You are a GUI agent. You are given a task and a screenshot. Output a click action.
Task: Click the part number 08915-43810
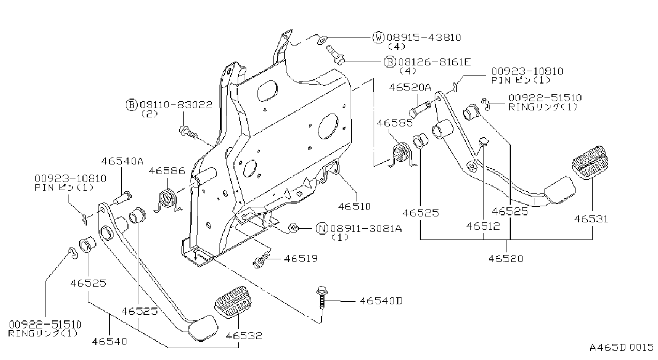[x=423, y=37]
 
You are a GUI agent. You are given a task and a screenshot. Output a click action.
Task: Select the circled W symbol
[x=379, y=37]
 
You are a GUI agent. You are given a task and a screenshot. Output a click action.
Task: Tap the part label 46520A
[x=410, y=87]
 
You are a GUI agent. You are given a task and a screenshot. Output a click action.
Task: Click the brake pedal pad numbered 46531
[x=590, y=162]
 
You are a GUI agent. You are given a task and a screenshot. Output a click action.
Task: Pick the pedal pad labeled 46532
[x=233, y=302]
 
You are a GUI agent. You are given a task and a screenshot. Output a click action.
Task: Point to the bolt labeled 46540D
[x=322, y=297]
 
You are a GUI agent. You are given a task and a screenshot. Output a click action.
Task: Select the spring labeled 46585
[x=402, y=155]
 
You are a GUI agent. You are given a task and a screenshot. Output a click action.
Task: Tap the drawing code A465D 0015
[x=621, y=347]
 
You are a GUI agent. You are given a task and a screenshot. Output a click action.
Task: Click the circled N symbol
[x=322, y=228]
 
